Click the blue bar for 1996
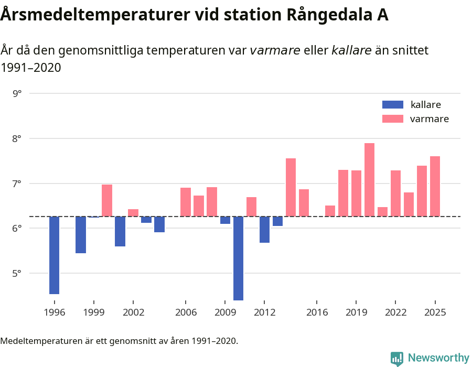pos(54,255)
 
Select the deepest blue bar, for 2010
pos(238,258)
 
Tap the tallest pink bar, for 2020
pos(369,180)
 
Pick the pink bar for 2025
pos(435,186)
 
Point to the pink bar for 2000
pos(107,200)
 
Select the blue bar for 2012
pos(264,230)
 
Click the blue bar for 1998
pos(81,235)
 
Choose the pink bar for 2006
pos(186,202)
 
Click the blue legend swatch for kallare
pos(393,104)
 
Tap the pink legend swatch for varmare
pos(393,119)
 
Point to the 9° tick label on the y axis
pos(17,94)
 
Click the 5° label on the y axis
pos(17,273)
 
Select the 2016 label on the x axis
pos(317,312)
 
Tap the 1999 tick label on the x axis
pos(94,312)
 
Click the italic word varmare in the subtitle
pos(274,50)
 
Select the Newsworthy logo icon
pos(397,358)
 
